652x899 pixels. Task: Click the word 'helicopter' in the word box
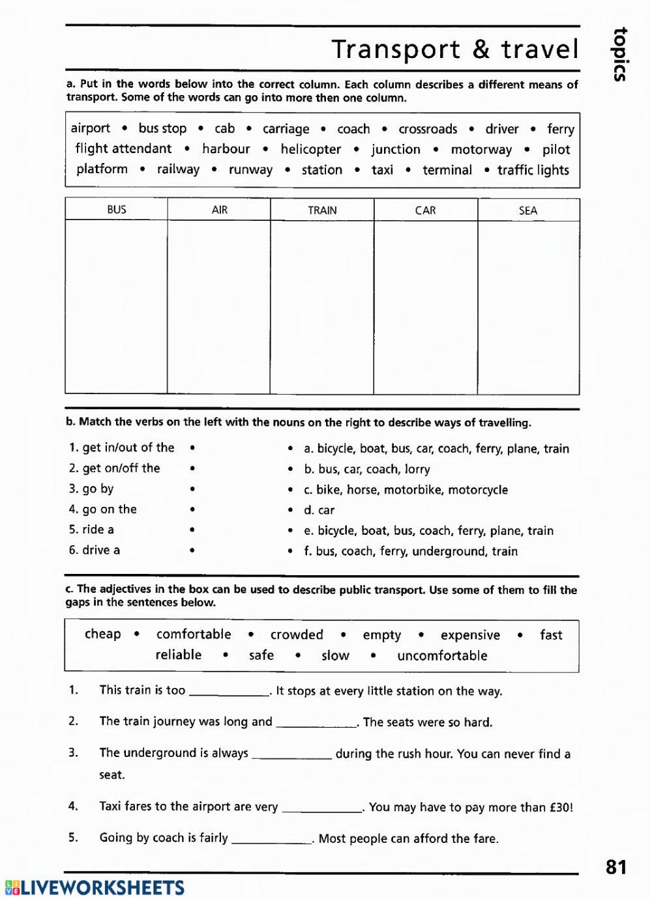point(311,149)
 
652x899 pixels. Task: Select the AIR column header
point(220,210)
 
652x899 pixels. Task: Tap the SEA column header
point(528,210)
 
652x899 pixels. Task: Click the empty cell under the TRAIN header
point(322,307)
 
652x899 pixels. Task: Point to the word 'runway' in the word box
point(250,170)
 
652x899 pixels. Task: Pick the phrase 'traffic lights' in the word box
point(533,170)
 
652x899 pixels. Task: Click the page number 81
point(615,867)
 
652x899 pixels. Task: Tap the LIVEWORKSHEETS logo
point(95,887)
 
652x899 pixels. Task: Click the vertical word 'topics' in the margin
point(620,54)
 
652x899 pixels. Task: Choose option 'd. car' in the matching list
point(319,510)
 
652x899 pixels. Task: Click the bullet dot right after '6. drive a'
point(192,551)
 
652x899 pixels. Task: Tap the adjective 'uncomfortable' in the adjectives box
point(442,655)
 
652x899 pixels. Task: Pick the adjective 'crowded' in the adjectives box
point(297,635)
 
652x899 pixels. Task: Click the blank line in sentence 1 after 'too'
point(229,692)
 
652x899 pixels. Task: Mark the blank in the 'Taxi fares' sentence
point(321,808)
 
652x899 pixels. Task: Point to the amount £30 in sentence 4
point(561,807)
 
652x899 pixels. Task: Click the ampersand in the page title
point(481,50)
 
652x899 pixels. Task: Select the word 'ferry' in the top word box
point(561,129)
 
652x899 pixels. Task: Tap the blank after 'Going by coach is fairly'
point(272,840)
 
